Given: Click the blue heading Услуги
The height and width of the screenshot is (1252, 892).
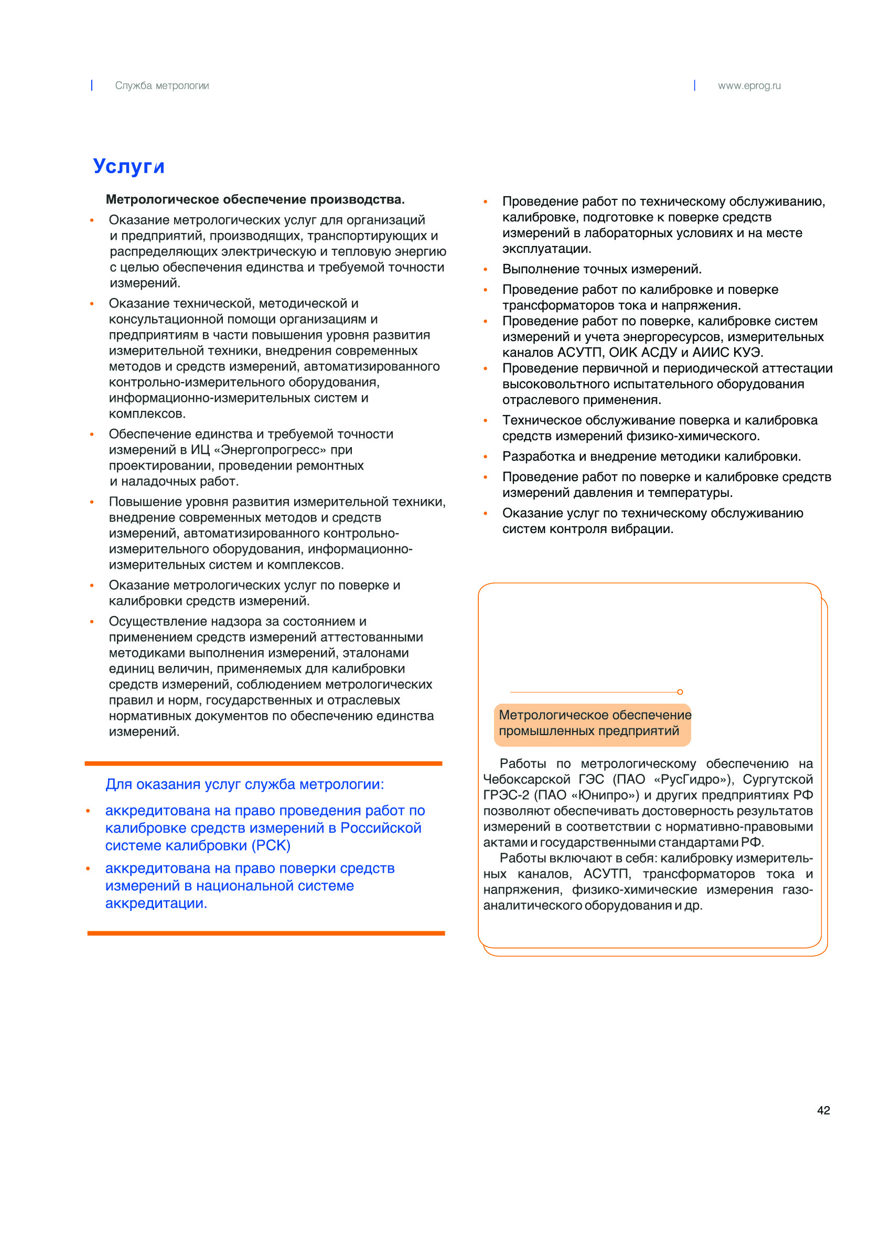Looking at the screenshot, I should click(128, 166).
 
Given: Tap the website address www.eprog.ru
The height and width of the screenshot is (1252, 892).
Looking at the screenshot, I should click(749, 86).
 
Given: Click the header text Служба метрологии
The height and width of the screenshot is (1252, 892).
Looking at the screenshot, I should click(162, 86).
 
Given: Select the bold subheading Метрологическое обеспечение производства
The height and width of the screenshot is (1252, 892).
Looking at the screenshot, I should click(255, 199).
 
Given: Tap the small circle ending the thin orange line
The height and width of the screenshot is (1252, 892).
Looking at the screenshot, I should click(680, 692).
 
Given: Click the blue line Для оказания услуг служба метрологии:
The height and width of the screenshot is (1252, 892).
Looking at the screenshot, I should click(244, 784).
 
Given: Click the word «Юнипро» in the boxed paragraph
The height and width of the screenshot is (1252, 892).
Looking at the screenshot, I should click(605, 795).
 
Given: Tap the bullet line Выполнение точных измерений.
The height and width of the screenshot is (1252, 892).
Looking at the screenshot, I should click(602, 269).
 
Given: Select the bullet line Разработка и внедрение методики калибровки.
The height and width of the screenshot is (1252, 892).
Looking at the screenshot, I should click(651, 457).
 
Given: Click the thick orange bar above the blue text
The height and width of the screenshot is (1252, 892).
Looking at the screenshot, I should click(263, 763).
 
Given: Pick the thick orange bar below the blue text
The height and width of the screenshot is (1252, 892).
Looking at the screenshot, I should click(266, 933).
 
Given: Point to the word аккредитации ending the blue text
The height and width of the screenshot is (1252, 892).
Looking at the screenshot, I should click(155, 904).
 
